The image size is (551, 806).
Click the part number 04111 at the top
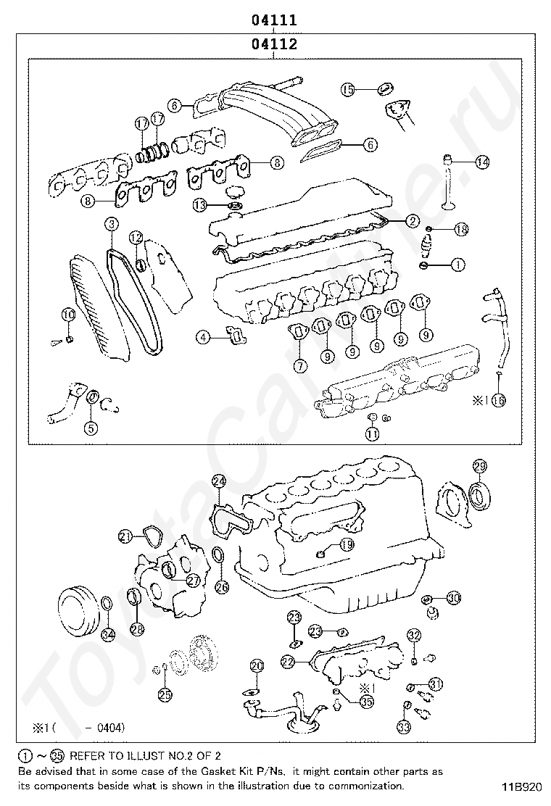(x=274, y=20)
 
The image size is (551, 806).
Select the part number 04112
(x=274, y=44)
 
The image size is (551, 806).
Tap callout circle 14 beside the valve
(x=482, y=162)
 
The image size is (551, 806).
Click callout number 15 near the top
(x=348, y=89)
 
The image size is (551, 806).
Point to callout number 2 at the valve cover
(x=412, y=221)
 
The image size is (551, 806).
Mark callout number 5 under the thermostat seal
(x=90, y=428)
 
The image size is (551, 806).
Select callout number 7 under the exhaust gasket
(x=300, y=366)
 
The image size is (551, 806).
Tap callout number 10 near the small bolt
(x=67, y=315)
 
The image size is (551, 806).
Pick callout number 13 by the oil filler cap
(x=200, y=205)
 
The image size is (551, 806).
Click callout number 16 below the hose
(x=498, y=399)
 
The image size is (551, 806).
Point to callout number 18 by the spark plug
(x=461, y=230)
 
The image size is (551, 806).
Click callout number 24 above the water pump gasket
(x=219, y=481)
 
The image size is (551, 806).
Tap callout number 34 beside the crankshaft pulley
(x=107, y=635)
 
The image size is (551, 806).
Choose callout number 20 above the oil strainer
(x=257, y=665)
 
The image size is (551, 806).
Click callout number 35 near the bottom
(x=366, y=701)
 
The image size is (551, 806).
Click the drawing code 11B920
(x=519, y=786)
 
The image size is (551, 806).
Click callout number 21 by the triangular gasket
(x=126, y=536)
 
